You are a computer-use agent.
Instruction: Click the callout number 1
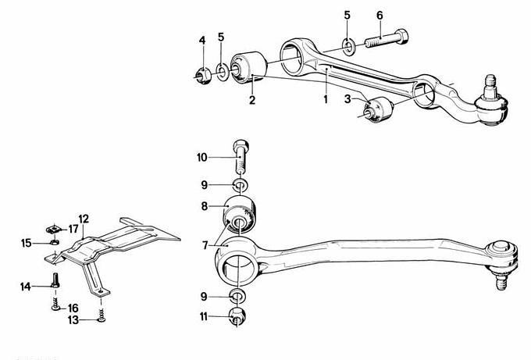pos(326,99)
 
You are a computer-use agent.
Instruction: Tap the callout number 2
pos(252,100)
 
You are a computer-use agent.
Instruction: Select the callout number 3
pos(347,99)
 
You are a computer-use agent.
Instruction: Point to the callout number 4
pos(202,41)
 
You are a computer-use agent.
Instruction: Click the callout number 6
pos(380,16)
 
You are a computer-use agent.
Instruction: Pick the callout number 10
pos(201,158)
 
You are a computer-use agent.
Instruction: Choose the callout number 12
pos(84,219)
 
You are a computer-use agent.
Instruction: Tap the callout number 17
pos(73,229)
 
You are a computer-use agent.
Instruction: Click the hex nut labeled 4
pos(204,77)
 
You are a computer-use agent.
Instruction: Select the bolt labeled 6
pos(387,38)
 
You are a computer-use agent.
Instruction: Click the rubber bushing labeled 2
pos(249,66)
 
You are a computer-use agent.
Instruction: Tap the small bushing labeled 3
pos(378,109)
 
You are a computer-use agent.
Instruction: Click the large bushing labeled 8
pos(239,215)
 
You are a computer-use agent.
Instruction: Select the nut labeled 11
pos(237,316)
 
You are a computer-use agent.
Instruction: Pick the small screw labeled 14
pos(55,280)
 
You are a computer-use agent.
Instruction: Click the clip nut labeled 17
pos(53,230)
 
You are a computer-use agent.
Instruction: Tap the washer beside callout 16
pos(55,308)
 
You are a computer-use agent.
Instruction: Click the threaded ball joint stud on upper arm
pos(490,87)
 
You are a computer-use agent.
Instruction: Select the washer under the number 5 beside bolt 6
pos(348,48)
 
